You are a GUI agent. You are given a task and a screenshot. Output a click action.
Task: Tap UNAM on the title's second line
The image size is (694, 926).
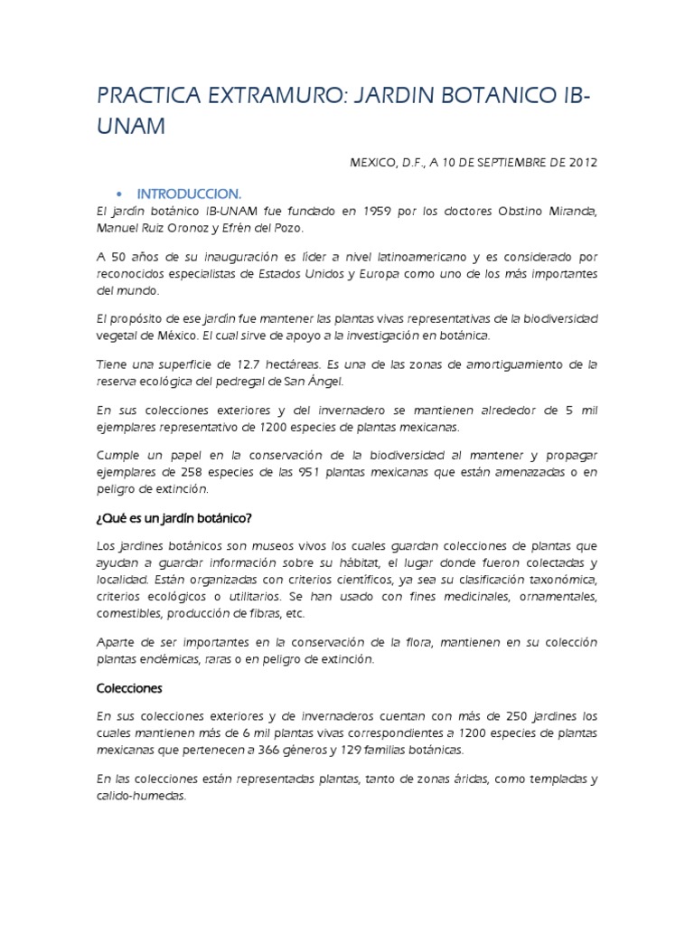[x=131, y=127]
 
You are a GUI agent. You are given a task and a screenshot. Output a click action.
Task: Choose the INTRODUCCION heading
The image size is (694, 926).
[x=189, y=194]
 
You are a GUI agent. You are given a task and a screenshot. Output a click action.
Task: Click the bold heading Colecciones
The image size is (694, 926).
[x=128, y=687]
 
